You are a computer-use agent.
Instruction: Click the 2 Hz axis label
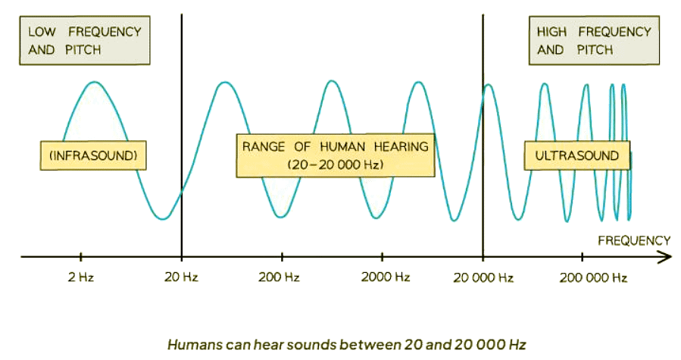(81, 277)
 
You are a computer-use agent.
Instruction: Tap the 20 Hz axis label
(181, 277)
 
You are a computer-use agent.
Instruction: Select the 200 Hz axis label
(279, 277)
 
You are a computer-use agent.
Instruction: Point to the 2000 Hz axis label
(386, 277)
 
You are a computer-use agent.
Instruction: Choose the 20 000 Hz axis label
(483, 278)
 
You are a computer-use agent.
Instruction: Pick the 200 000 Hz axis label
(593, 278)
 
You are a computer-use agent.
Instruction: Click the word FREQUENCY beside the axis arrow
(634, 241)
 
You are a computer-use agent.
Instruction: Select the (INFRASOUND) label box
(93, 155)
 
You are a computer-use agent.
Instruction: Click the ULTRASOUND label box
(577, 155)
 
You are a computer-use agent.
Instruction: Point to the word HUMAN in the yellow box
(342, 146)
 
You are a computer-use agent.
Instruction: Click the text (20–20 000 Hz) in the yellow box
(336, 164)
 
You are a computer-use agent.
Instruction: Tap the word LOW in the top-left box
(42, 32)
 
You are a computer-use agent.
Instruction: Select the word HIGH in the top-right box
(551, 32)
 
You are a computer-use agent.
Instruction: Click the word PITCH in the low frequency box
(83, 50)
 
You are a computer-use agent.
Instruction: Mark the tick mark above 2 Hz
(81, 256)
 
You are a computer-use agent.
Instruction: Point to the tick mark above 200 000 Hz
(582, 256)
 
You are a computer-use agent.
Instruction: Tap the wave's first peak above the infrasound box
(95, 82)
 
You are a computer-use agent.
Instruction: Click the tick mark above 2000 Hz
(383, 256)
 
